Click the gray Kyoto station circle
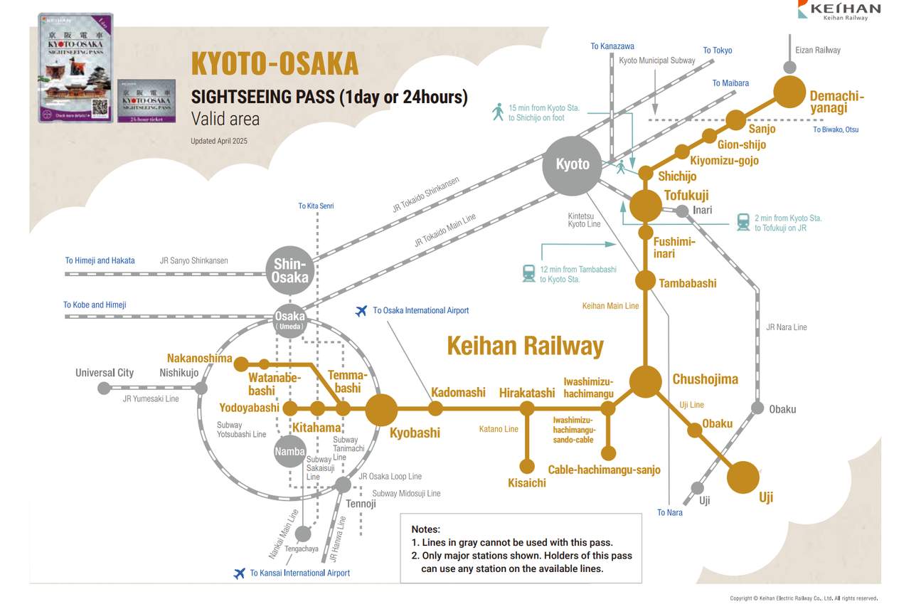(573, 164)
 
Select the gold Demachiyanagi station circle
(789, 92)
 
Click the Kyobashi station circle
(381, 409)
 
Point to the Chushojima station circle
(646, 381)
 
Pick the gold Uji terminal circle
(743, 477)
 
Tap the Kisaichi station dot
(527, 466)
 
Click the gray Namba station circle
(290, 451)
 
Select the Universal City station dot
(105, 388)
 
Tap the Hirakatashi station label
(527, 393)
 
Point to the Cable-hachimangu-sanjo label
(604, 470)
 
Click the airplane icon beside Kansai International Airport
(239, 573)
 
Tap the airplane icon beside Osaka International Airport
(361, 311)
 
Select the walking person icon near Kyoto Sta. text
(497, 112)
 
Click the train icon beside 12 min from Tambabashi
(528, 274)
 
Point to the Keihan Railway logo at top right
(839, 10)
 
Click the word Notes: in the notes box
(425, 529)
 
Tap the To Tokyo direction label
(717, 51)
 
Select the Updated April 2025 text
(219, 141)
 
